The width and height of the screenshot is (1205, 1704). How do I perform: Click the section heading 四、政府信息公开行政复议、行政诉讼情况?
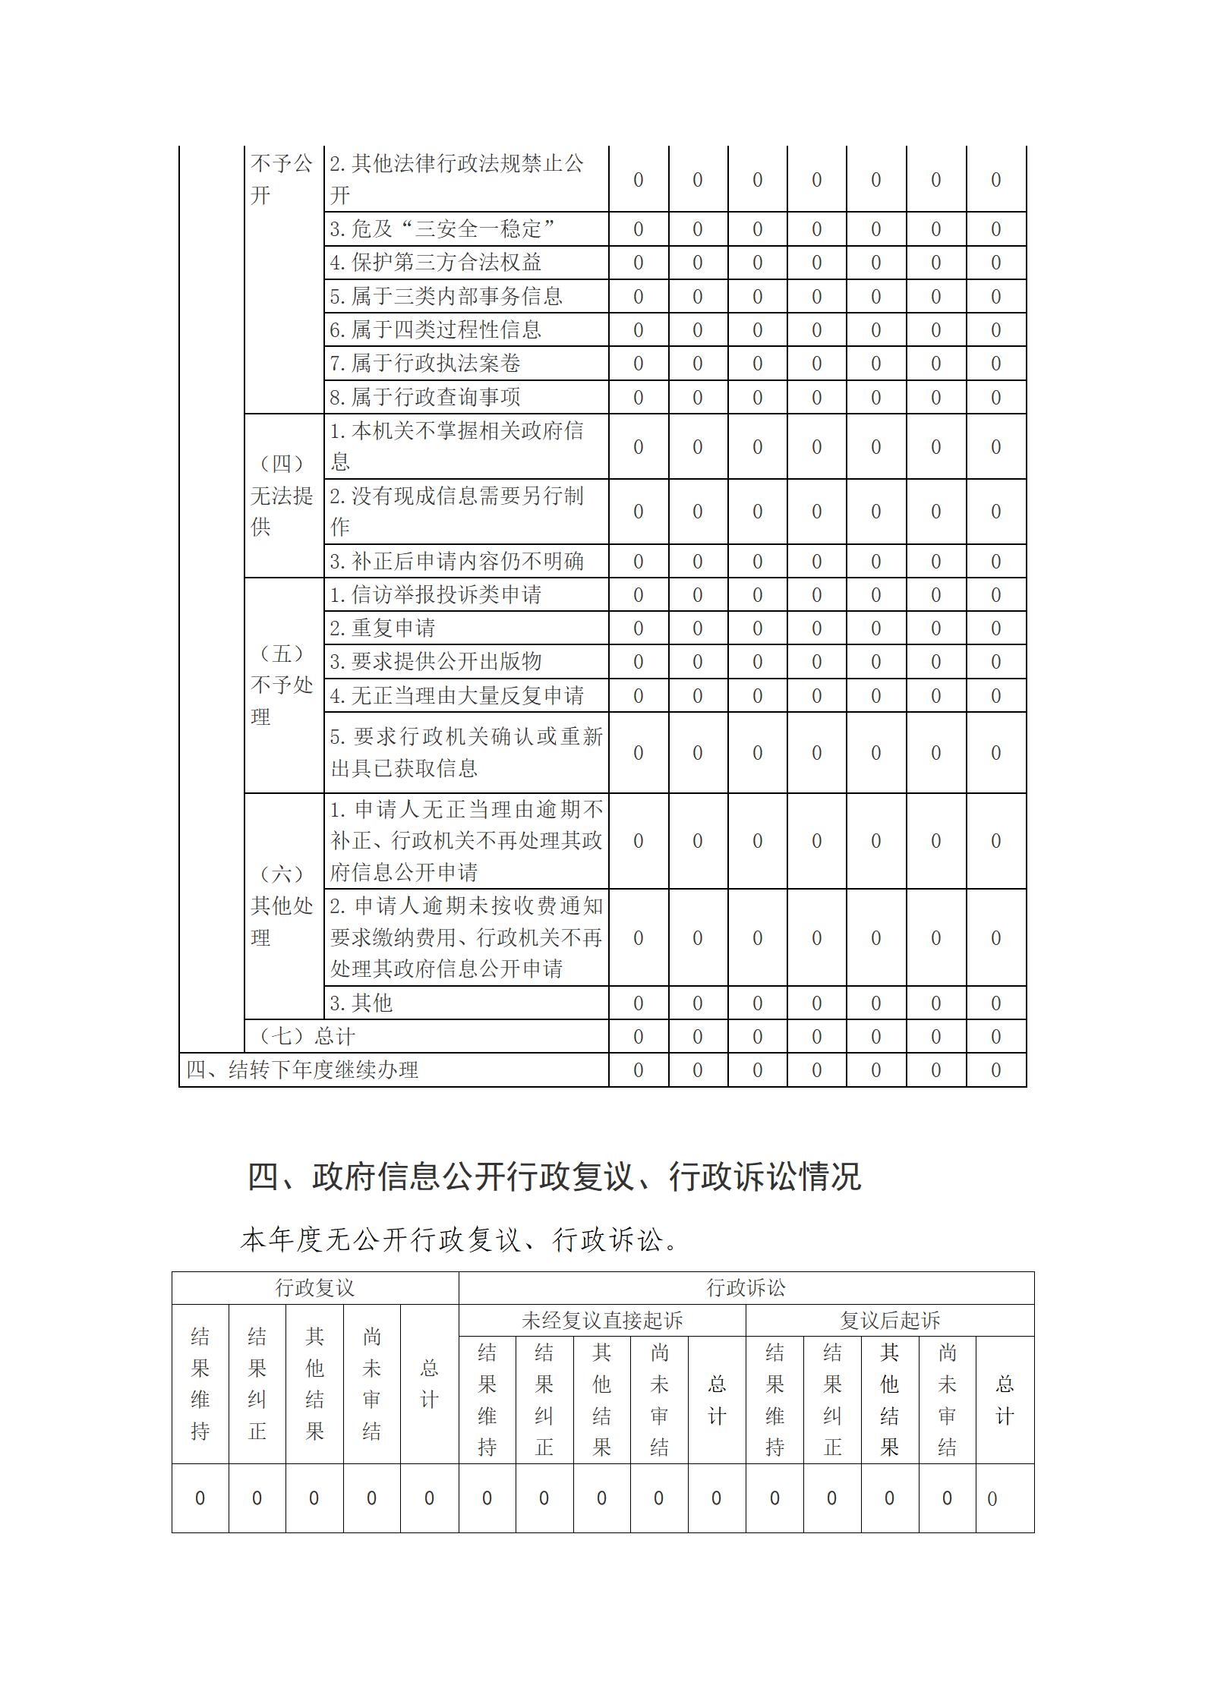tap(554, 1177)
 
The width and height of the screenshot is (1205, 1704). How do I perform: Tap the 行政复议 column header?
tap(314, 1288)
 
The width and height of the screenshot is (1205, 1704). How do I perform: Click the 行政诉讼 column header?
tap(746, 1288)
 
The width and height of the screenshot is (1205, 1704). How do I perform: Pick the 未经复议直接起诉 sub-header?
tap(601, 1321)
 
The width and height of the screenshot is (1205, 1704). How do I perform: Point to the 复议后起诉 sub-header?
tap(889, 1321)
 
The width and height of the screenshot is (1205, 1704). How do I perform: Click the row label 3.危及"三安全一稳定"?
tap(442, 228)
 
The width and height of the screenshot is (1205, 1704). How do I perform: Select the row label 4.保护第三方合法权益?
tap(435, 263)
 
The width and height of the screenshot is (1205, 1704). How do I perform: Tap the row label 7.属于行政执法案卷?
tap(424, 364)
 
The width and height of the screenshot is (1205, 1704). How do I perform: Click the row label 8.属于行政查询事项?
tap(424, 397)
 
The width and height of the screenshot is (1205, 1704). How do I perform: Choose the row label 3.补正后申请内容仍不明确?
tap(456, 562)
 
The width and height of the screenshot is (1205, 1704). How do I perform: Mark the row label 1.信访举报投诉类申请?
tap(435, 595)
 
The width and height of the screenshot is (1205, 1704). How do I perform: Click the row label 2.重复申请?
tap(383, 628)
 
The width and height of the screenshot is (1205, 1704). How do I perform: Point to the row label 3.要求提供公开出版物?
tap(435, 662)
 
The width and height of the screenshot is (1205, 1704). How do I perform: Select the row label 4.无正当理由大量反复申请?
tap(456, 695)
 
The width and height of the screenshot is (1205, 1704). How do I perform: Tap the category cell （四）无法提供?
tap(282, 495)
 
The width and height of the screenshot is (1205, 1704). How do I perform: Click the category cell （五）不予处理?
tap(282, 685)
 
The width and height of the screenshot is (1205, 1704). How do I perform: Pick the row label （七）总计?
tap(307, 1036)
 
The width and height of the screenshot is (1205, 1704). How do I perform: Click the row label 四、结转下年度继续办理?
tap(302, 1069)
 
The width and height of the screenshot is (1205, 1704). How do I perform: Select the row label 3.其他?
tap(361, 1003)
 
